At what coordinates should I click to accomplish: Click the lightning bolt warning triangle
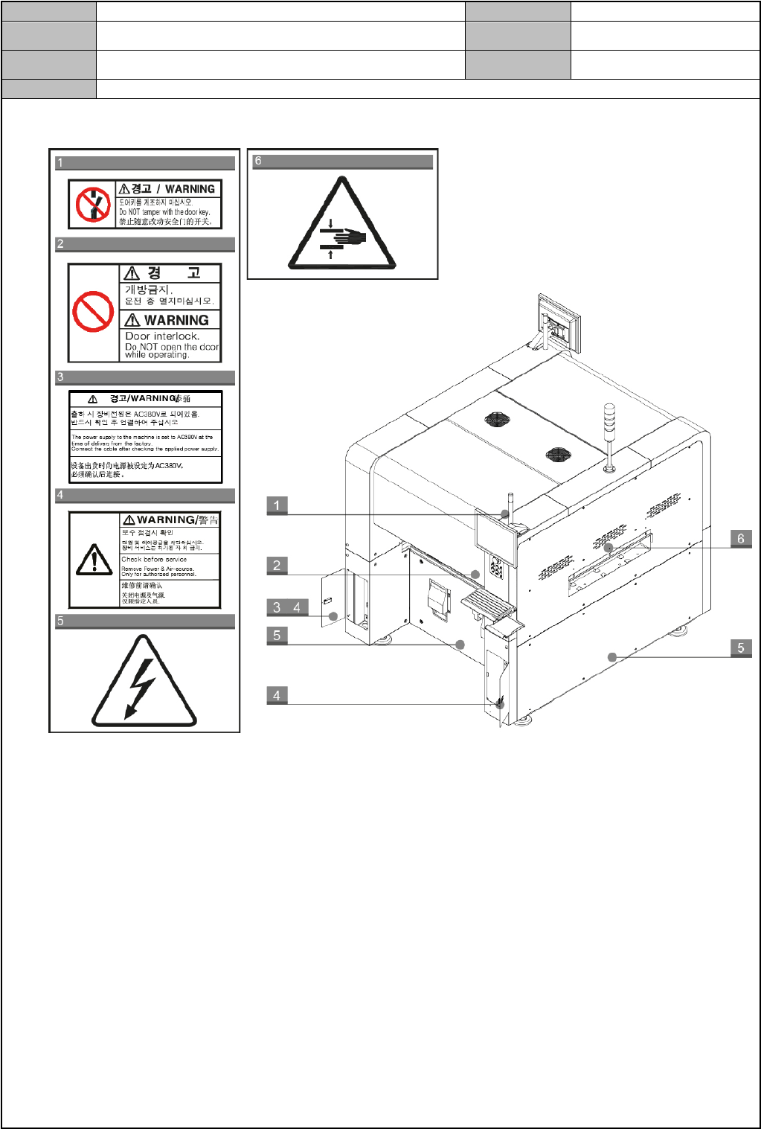(144, 681)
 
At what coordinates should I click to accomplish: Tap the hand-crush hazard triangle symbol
(342, 226)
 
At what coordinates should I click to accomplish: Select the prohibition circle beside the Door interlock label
(93, 312)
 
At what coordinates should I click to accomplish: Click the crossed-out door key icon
(93, 204)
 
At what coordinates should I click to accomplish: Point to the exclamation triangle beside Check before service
(94, 560)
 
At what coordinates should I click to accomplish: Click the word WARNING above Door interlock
(176, 320)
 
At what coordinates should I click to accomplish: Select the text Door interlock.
(162, 336)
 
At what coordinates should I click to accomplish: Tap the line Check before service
(154, 559)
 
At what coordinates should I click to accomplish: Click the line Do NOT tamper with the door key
(164, 212)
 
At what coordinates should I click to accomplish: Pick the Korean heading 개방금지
(148, 290)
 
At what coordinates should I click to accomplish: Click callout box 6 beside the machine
(740, 538)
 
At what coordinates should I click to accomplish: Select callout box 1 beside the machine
(277, 505)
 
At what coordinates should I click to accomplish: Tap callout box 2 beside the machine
(277, 566)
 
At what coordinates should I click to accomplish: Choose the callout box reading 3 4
(286, 607)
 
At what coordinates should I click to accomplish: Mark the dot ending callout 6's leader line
(609, 548)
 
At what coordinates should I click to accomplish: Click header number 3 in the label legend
(60, 377)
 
